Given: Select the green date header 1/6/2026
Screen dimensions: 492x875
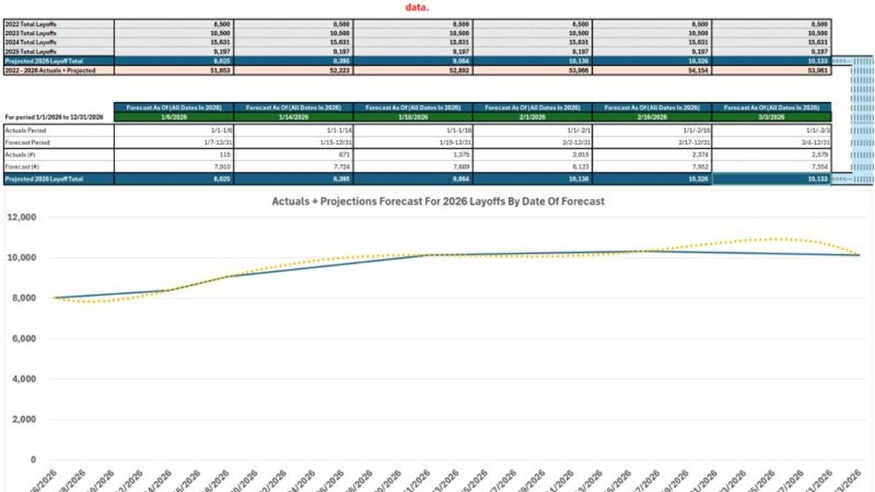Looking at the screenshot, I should (x=174, y=116).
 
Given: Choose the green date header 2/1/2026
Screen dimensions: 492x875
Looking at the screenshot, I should (x=532, y=116).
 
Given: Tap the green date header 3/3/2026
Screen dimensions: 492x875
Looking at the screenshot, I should (x=771, y=116).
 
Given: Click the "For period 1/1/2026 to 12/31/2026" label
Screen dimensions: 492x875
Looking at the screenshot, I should (x=54, y=117).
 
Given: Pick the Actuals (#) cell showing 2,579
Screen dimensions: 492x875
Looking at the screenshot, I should (x=817, y=155).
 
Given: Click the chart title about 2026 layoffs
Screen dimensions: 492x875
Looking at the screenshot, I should (x=437, y=201).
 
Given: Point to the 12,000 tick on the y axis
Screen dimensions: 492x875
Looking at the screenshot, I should (x=22, y=217).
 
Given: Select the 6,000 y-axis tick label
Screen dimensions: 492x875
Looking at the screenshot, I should (x=24, y=339).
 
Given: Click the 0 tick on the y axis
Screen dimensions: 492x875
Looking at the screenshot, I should (x=33, y=460).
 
